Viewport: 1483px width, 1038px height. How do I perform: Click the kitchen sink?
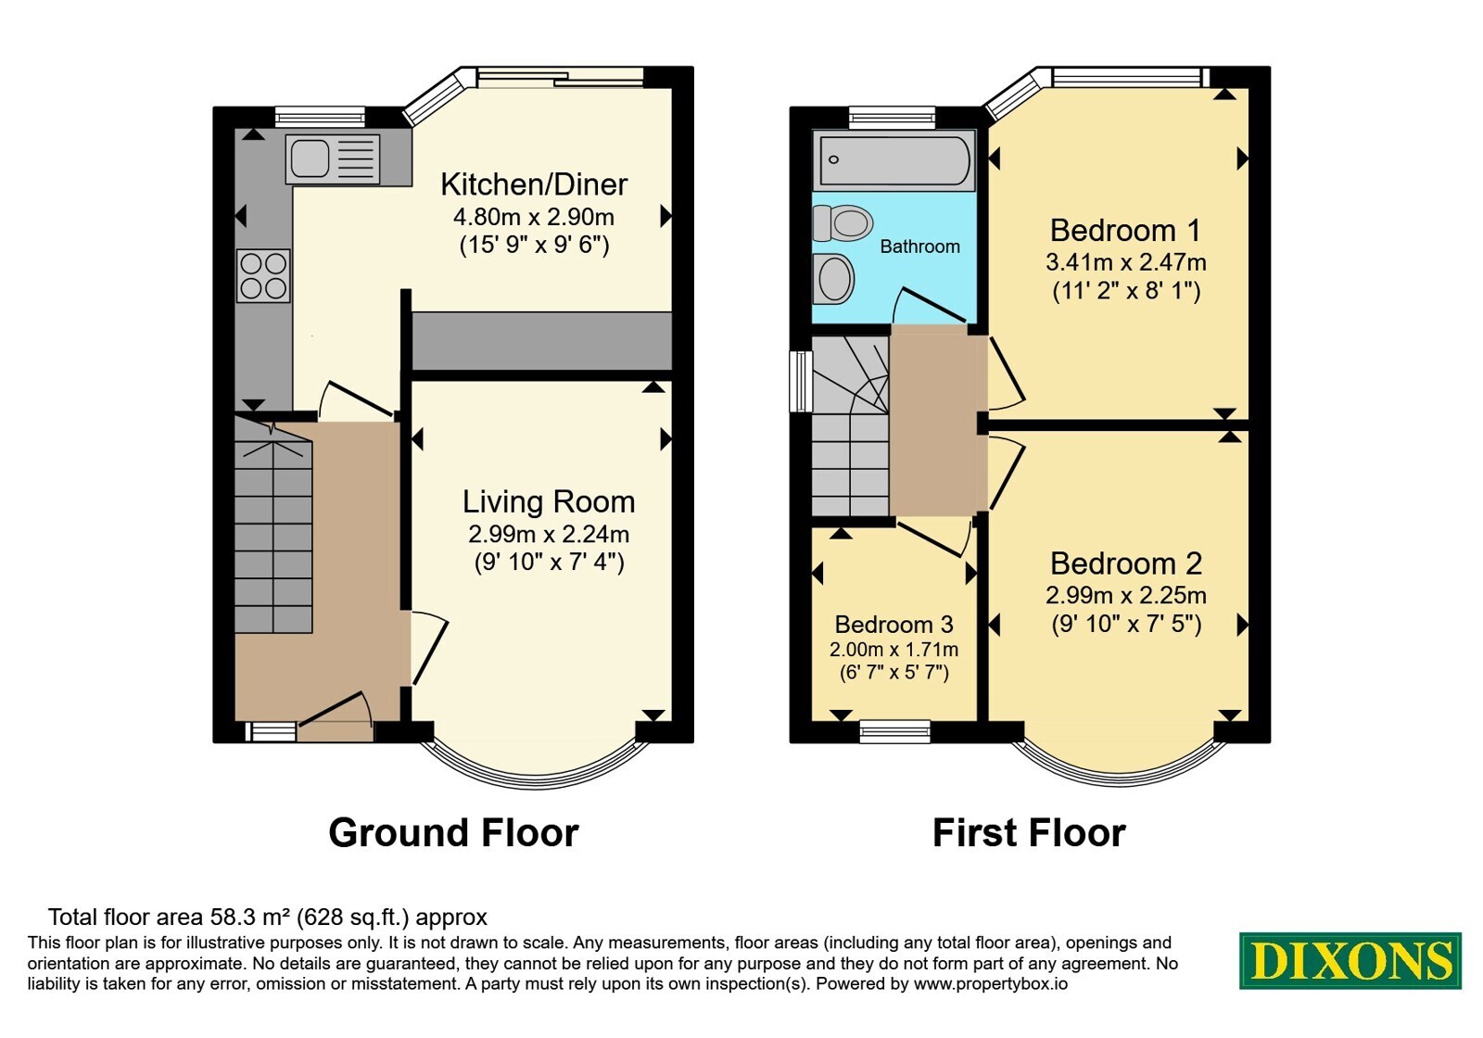333,158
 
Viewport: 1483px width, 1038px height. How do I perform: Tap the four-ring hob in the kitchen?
263,275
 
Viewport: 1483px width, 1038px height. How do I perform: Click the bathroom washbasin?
833,279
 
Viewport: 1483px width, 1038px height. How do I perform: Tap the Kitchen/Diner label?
534,184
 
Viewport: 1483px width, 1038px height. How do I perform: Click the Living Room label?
549,501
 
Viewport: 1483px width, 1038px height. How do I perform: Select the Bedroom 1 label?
1125,231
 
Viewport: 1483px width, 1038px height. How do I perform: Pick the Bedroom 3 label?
894,625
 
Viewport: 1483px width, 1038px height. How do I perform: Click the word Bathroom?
919,247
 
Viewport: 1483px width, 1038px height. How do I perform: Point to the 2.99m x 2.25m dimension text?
1126,596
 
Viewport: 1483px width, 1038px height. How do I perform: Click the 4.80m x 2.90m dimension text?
534,217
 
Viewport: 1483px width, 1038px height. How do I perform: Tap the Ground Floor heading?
454,833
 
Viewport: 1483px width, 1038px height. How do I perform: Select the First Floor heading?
1029,833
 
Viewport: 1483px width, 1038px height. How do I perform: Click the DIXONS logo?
1350,961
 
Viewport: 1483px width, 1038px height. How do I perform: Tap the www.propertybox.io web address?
991,983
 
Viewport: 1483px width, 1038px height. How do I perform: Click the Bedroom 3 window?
895,731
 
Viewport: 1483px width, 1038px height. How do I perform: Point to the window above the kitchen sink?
320,117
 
